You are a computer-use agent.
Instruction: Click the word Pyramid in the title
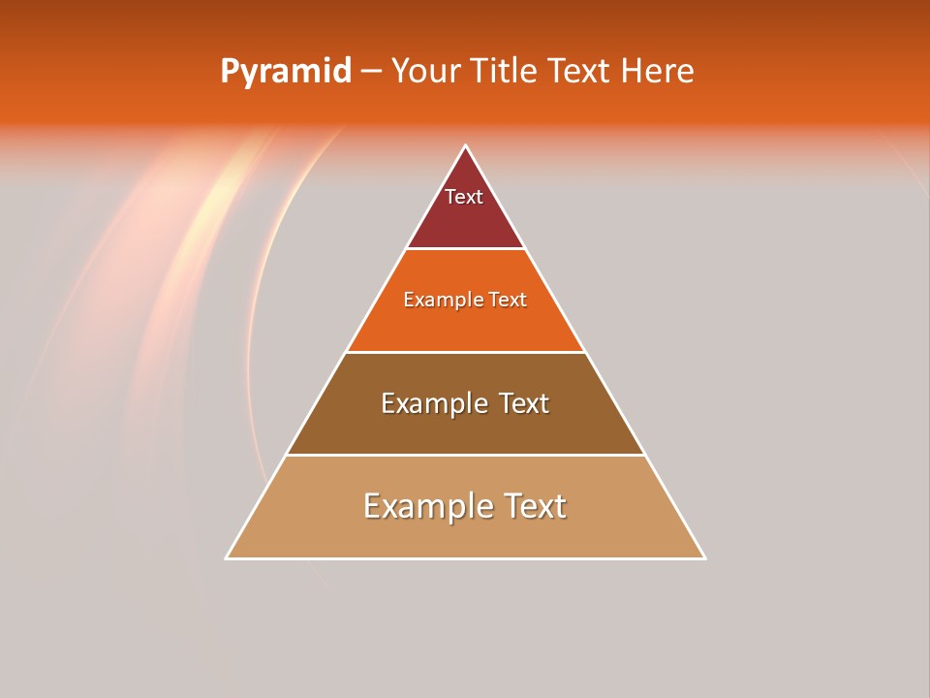[285, 72]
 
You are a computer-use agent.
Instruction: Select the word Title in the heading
[508, 72]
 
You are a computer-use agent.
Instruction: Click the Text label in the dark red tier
[464, 197]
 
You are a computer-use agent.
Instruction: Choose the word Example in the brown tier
[431, 403]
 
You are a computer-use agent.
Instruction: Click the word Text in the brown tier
[524, 403]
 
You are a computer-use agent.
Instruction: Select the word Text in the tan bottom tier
[534, 506]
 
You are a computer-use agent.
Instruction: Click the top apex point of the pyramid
[466, 146]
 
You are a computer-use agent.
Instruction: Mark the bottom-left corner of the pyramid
[227, 557]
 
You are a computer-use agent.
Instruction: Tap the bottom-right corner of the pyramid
[704, 557]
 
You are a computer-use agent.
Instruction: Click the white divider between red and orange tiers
[466, 249]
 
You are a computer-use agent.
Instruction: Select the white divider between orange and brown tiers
[466, 352]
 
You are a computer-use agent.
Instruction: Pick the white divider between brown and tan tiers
[466, 455]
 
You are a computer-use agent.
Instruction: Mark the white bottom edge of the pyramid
[466, 558]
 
